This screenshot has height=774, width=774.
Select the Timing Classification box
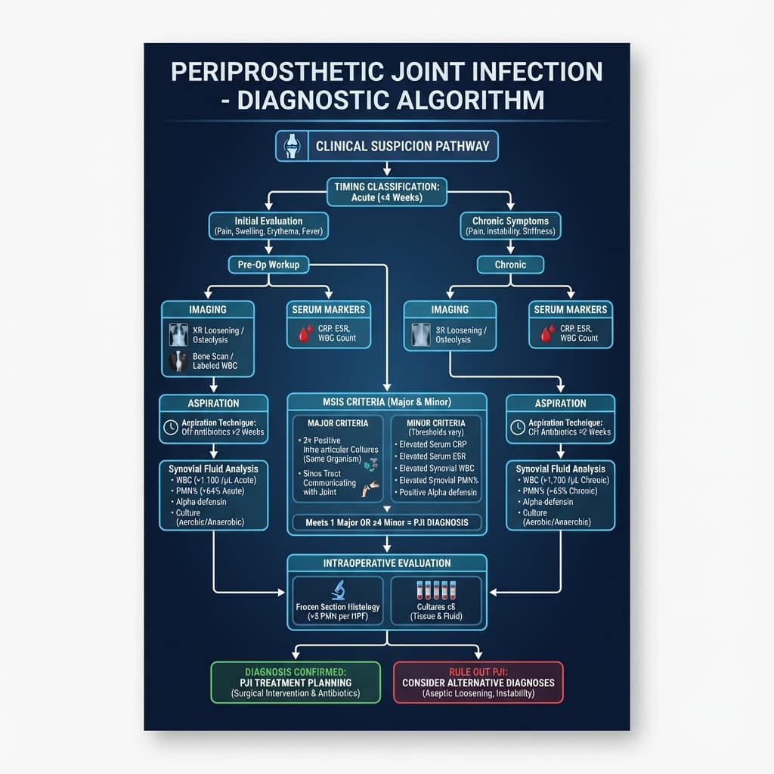pos(386,191)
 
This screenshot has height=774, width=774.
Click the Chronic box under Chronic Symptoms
pos(510,265)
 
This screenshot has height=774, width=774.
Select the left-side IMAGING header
pos(207,309)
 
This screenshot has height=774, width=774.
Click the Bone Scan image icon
pos(178,361)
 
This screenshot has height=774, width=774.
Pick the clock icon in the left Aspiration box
pos(171,427)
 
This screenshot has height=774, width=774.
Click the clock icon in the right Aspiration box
pos(518,427)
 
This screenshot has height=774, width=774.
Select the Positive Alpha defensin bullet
pos(439,493)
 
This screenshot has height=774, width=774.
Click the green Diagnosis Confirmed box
pos(296,683)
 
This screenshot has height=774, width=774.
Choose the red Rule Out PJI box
pos(478,683)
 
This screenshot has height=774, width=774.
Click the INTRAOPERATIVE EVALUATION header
pos(386,563)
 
